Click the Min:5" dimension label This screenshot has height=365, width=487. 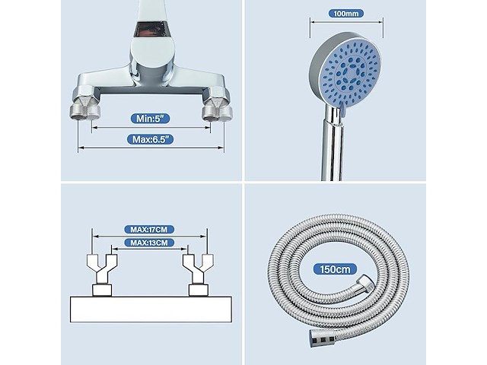150,119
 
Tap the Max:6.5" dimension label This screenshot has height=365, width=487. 151,139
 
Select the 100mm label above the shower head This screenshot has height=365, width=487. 346,14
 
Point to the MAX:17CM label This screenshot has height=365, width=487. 149,230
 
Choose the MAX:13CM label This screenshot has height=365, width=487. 149,243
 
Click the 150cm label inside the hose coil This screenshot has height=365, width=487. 335,269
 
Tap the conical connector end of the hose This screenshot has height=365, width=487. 323,338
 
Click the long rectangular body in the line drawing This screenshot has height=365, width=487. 151,309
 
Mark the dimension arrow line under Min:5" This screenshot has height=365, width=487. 151,128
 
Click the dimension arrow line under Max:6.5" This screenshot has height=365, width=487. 151,148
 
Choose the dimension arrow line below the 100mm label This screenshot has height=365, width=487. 346,22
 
